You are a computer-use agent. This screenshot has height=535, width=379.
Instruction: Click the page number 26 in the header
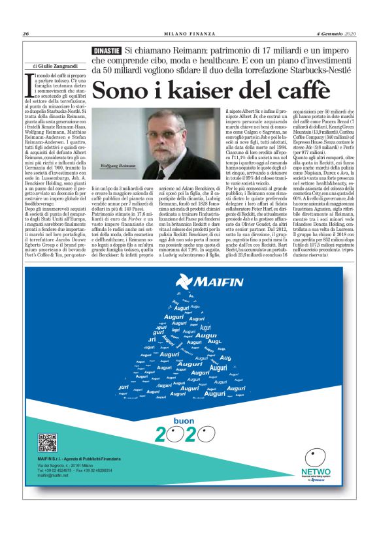25,34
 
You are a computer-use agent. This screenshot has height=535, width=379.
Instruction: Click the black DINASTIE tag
107,50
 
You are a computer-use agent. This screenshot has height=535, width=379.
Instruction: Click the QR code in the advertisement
47,443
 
